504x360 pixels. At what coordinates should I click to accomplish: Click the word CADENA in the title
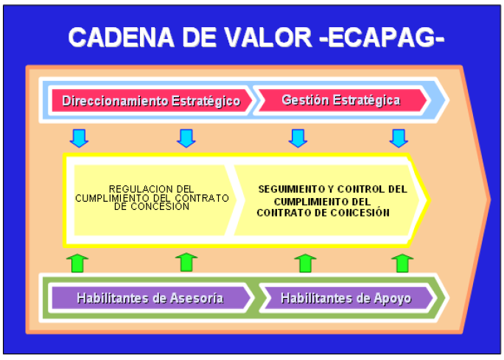point(121,38)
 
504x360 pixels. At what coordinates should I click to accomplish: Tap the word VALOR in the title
point(268,38)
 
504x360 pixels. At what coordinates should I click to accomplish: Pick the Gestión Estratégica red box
point(343,101)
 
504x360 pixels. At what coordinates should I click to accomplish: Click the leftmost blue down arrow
point(79,138)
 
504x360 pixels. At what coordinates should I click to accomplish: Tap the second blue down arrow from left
point(186,138)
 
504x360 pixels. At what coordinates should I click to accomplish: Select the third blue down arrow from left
point(298,138)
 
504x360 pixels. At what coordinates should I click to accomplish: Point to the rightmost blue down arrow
point(399,138)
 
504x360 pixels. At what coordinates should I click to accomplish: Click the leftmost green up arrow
point(77,264)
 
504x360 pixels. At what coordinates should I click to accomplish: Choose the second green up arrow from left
point(186,262)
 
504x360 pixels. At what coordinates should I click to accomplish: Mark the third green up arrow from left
point(305,264)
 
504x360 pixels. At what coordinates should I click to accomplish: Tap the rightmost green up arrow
point(402,264)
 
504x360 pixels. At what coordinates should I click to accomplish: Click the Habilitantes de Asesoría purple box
point(151,298)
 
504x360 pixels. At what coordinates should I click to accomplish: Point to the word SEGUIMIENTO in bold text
point(292,189)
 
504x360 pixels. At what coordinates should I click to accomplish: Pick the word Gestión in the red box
point(305,100)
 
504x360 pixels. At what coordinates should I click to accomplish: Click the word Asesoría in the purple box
point(197,298)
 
